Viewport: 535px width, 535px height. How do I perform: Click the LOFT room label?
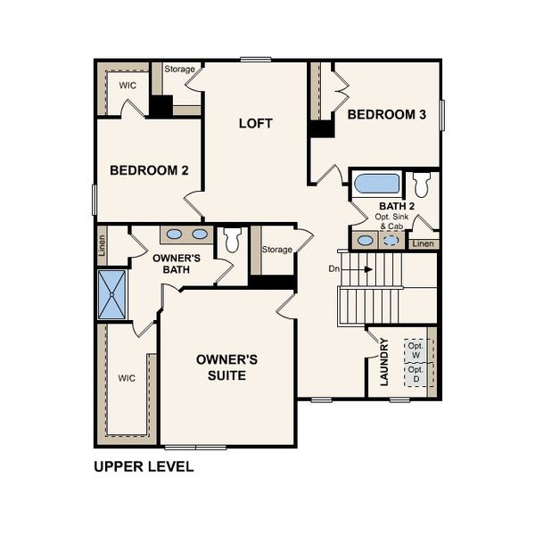coord(255,123)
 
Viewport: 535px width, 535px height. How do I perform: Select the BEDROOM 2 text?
coord(149,170)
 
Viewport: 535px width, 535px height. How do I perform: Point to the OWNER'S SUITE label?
coord(227,367)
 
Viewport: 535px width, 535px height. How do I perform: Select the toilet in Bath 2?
coord(421,185)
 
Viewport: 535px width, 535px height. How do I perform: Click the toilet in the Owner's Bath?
coord(232,239)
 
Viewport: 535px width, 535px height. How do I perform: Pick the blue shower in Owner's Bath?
coord(112,294)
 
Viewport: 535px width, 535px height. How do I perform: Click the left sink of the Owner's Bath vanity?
coord(176,235)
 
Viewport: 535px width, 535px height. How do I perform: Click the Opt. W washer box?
coord(415,349)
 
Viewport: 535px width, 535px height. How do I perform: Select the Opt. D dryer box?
coord(415,374)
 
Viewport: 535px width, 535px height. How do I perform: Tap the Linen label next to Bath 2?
coord(424,243)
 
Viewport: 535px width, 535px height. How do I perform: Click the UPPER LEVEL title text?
coord(144,466)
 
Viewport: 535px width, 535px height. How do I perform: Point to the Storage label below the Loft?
coord(276,250)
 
